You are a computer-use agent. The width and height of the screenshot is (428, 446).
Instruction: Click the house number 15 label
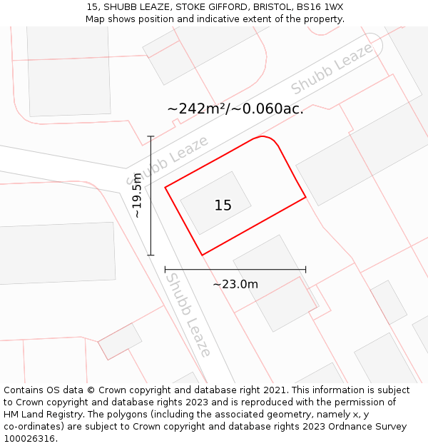click(223, 206)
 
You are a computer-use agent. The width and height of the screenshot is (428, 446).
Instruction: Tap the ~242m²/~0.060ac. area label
click(235, 109)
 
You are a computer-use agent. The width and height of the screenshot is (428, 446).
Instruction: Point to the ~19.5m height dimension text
click(137, 196)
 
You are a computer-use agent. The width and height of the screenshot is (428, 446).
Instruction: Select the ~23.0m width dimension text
click(235, 284)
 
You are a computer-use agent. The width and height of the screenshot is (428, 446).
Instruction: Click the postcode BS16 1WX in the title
click(318, 6)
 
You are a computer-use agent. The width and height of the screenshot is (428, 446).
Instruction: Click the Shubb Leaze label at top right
click(332, 69)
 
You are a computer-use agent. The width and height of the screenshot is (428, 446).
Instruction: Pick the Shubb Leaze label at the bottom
click(188, 315)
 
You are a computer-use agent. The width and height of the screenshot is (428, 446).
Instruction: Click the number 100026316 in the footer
click(29, 438)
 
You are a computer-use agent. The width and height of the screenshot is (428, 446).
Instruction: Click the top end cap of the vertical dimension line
click(151, 136)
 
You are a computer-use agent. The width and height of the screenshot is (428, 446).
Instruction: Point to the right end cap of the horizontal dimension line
click(305, 270)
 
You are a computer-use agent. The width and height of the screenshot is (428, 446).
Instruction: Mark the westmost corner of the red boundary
click(165, 188)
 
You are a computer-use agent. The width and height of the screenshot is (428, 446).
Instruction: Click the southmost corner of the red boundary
click(202, 255)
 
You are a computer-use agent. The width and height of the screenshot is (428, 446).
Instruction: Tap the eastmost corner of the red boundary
click(305, 197)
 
